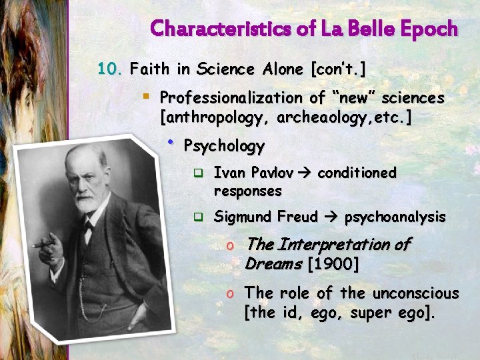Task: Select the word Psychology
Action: click(x=224, y=145)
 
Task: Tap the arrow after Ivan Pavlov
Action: click(x=305, y=173)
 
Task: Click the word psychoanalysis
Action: click(x=395, y=217)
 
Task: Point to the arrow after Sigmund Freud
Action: click(x=332, y=217)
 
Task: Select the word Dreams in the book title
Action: click(x=273, y=264)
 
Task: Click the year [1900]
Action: click(x=333, y=264)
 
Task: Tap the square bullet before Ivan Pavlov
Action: click(x=197, y=174)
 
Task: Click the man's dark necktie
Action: click(x=87, y=230)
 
